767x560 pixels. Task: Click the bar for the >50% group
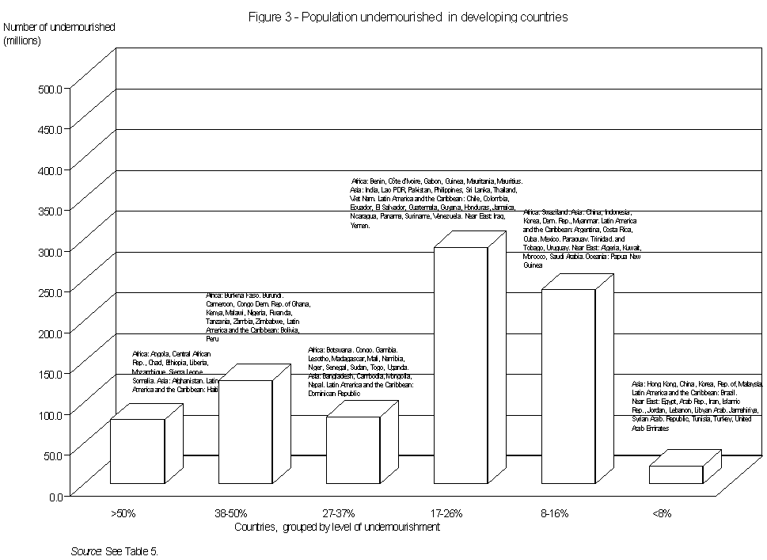[x=137, y=451]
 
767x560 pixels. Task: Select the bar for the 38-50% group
[x=245, y=432]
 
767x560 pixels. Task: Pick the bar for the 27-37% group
[x=353, y=449]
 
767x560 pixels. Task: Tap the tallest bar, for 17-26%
[x=461, y=364]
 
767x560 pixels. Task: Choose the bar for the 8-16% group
[x=568, y=386]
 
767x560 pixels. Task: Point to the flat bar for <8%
[x=676, y=474]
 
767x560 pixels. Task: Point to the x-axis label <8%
[x=663, y=513]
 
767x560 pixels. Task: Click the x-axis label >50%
[x=123, y=513]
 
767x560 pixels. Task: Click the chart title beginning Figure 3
[x=408, y=17]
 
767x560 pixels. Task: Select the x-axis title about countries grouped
[x=337, y=527]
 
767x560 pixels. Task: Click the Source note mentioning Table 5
[x=115, y=549]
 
